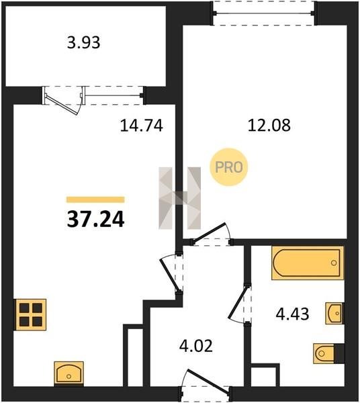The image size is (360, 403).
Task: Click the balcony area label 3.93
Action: (83, 43)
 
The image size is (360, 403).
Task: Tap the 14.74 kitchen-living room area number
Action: (141, 126)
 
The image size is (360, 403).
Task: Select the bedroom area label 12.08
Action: (269, 126)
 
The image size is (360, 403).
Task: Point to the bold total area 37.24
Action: (95, 220)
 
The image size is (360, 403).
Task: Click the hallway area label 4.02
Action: (196, 346)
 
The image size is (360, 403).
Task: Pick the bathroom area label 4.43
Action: (292, 314)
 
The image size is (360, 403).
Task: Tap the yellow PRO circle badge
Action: (228, 167)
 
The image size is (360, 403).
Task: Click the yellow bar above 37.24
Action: (95, 199)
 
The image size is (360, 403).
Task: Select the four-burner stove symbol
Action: (30, 314)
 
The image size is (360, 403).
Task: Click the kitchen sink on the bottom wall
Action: (69, 373)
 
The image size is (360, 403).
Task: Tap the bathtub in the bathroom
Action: (308, 263)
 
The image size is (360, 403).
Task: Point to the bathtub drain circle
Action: (334, 263)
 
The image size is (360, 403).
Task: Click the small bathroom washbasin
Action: (334, 313)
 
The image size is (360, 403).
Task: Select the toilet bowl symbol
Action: (324, 353)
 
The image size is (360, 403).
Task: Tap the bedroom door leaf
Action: (209, 233)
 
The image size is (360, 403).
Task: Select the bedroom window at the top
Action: (263, 13)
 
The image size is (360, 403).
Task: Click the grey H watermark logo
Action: (179, 198)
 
